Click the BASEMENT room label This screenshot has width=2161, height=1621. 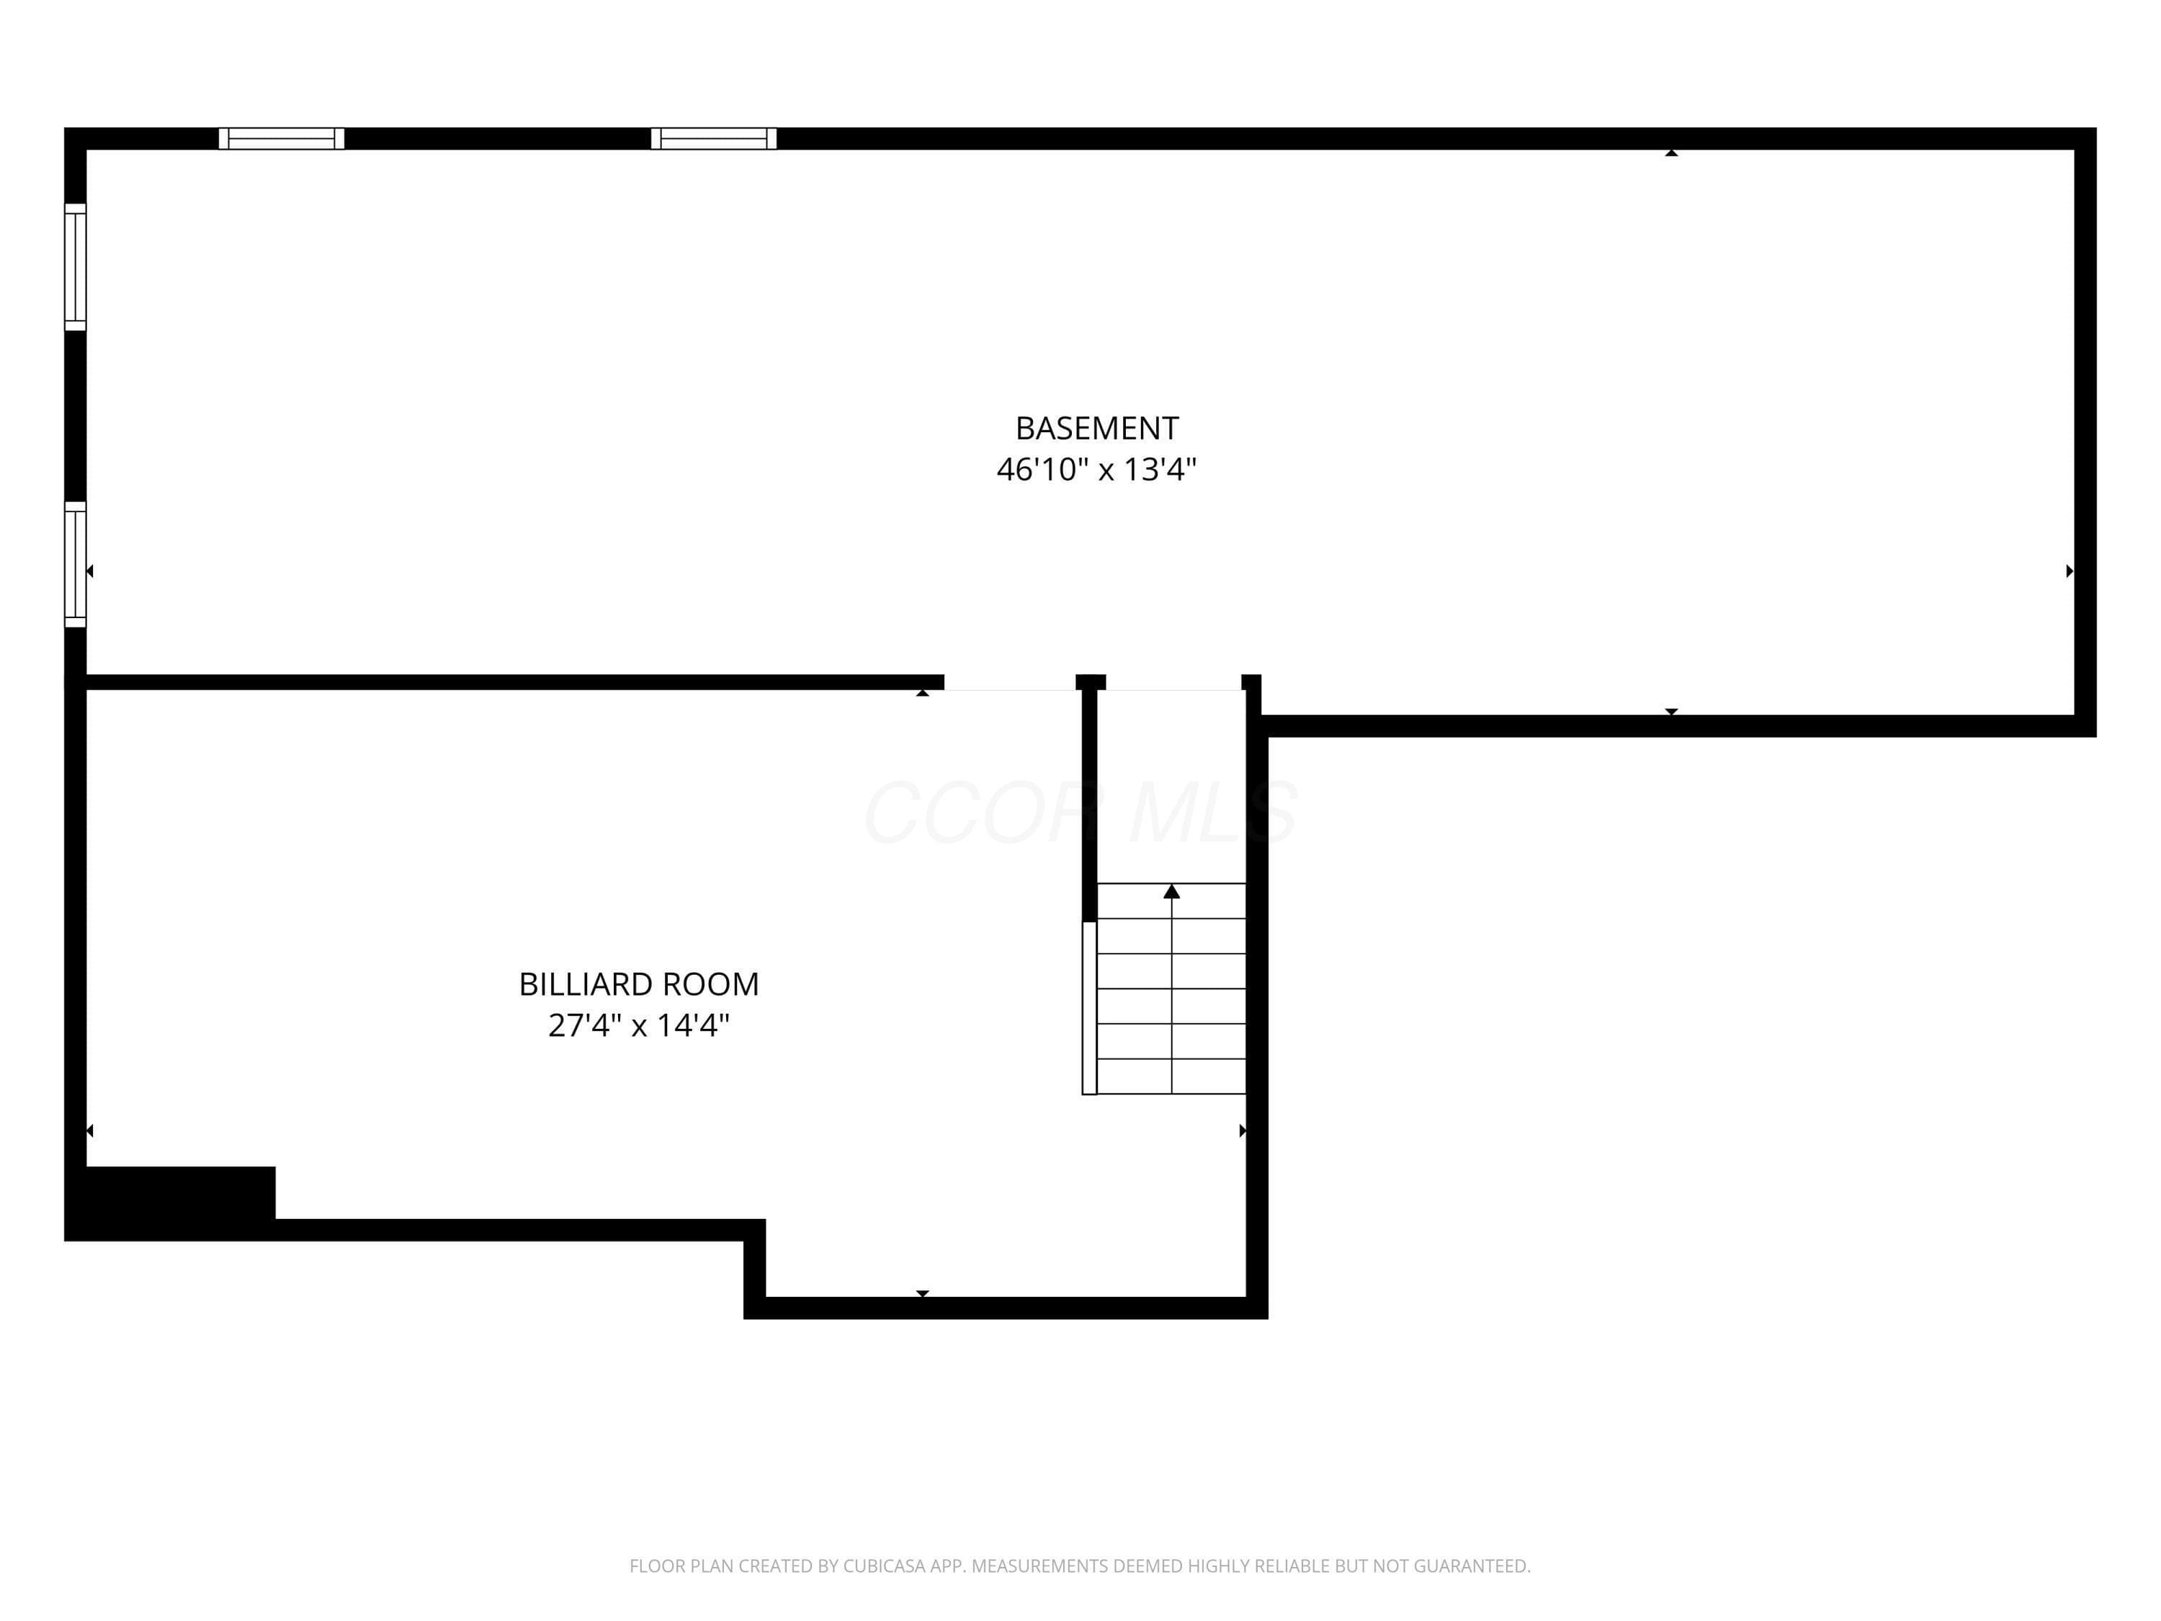pos(1096,428)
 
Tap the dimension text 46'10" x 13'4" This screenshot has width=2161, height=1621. pos(1096,470)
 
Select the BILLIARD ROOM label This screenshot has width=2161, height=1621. pos(639,984)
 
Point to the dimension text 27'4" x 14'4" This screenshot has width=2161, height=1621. pos(639,1026)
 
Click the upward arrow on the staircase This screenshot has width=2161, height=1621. pos(1171,891)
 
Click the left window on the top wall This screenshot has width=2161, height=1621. pos(282,139)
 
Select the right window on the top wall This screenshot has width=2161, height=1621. pos(714,139)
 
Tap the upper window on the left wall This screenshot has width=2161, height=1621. pos(75,267)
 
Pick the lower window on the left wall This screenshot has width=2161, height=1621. pos(75,564)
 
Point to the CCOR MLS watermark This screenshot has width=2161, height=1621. pos(1080,812)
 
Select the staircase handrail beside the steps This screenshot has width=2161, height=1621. pos(1089,1007)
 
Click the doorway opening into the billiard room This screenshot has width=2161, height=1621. pos(1010,682)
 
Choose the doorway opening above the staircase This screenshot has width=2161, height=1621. pos(1173,682)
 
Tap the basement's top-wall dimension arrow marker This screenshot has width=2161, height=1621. pos(1672,153)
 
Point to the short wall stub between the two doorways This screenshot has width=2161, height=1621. pos(1091,682)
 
